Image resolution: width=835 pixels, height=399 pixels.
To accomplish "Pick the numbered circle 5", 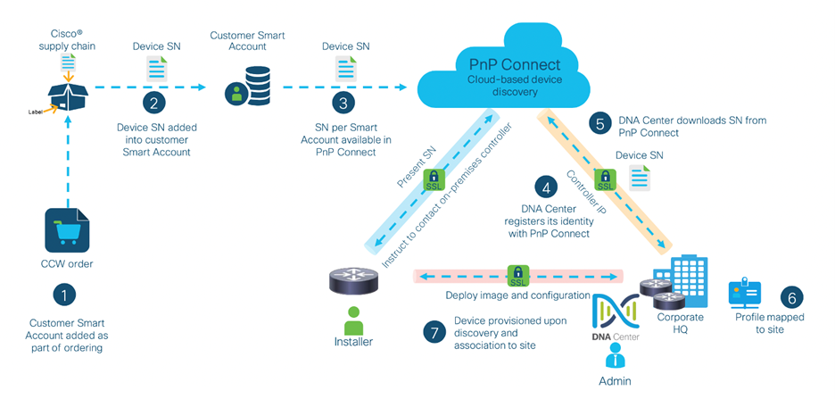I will pos(602,125).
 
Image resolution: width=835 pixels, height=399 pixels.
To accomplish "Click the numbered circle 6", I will pos(791,298).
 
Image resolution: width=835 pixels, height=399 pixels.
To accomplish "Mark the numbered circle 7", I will pos(433,331).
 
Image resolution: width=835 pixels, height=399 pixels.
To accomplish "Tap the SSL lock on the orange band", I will pos(606,181).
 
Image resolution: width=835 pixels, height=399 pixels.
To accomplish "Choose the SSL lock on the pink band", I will pos(517,275).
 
